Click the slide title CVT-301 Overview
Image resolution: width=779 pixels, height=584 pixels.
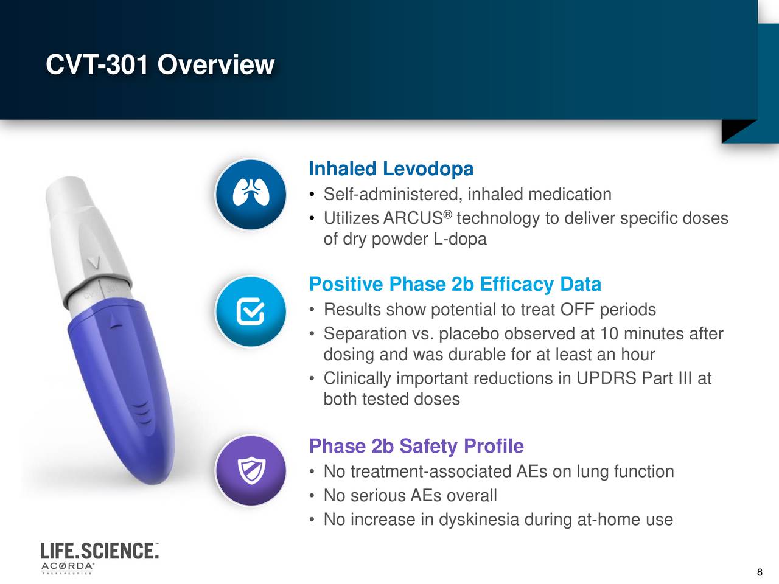(160, 64)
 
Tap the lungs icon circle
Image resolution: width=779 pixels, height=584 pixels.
(251, 195)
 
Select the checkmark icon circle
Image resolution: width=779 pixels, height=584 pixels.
(251, 311)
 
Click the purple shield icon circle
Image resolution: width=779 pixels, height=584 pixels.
(251, 471)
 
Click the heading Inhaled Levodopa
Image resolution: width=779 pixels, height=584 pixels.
(391, 169)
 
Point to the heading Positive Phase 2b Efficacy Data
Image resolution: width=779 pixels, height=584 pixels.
(455, 284)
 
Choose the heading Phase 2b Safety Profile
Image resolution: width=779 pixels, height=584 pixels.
(416, 446)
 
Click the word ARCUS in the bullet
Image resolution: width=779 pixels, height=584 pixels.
(413, 218)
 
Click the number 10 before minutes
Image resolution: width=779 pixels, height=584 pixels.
(609, 334)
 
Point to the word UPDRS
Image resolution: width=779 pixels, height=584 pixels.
(606, 378)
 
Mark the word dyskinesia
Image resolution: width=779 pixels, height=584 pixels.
(479, 520)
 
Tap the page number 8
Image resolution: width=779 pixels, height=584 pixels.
(759, 572)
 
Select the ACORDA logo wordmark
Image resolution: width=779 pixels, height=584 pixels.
(68, 566)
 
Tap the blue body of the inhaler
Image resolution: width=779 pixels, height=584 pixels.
(128, 389)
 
